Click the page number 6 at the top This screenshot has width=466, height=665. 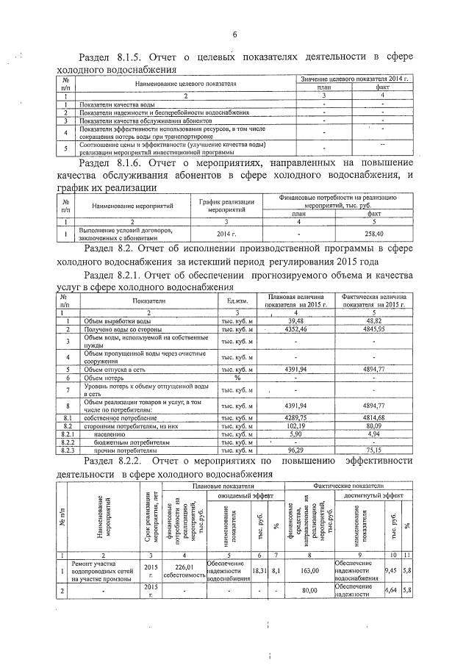pos(234,35)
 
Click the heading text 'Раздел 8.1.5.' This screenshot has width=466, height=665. pos(110,57)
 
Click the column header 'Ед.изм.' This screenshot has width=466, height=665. pos(237,301)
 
